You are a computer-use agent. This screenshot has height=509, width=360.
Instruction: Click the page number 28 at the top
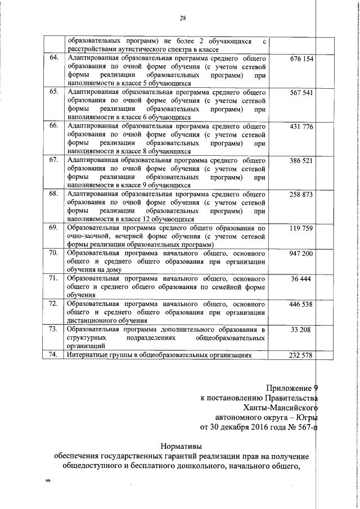coord(183,19)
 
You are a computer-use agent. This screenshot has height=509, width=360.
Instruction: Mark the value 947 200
coord(301,254)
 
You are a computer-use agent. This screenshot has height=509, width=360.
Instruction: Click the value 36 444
coord(301,279)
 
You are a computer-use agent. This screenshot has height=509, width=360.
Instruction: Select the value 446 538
coord(301,304)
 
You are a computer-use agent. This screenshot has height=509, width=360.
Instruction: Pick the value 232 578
coord(301,354)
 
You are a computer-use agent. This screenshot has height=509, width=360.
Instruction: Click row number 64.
coord(55,58)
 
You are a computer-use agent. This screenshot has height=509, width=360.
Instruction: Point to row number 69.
coord(55,228)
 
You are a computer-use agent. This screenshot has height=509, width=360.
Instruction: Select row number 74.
coord(55,354)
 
